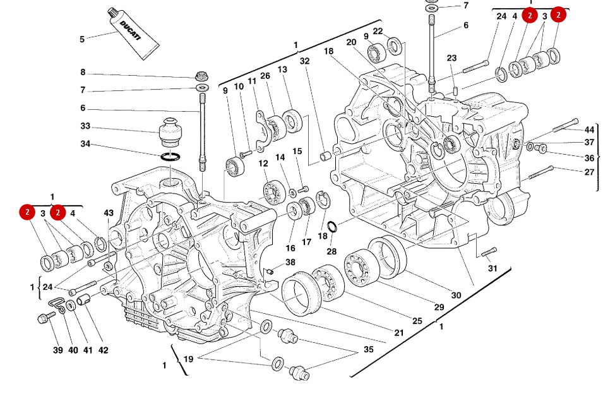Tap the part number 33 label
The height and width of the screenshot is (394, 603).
(x=85, y=126)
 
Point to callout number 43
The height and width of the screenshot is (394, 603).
(x=109, y=213)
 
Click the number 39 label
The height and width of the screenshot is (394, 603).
(x=57, y=350)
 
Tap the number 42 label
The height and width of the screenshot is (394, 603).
(x=103, y=350)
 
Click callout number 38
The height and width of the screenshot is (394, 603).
(x=290, y=262)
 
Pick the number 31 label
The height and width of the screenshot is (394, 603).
(x=493, y=268)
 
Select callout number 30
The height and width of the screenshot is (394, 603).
(x=456, y=295)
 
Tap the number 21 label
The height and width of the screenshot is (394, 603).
(x=399, y=333)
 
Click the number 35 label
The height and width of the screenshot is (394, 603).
(x=367, y=349)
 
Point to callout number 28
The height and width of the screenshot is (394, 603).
(x=331, y=252)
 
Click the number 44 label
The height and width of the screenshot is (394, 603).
(x=589, y=129)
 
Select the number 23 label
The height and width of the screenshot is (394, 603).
(x=451, y=58)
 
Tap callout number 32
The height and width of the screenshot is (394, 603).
(x=305, y=61)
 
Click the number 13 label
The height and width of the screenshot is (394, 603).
(x=282, y=69)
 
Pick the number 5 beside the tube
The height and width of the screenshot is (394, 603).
(x=82, y=40)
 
